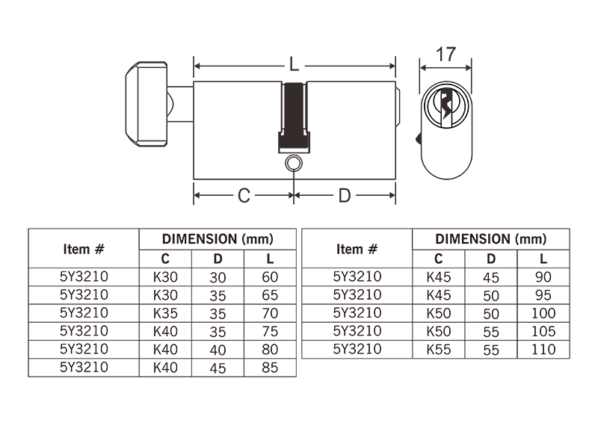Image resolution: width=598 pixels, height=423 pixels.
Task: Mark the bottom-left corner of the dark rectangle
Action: (28, 377)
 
